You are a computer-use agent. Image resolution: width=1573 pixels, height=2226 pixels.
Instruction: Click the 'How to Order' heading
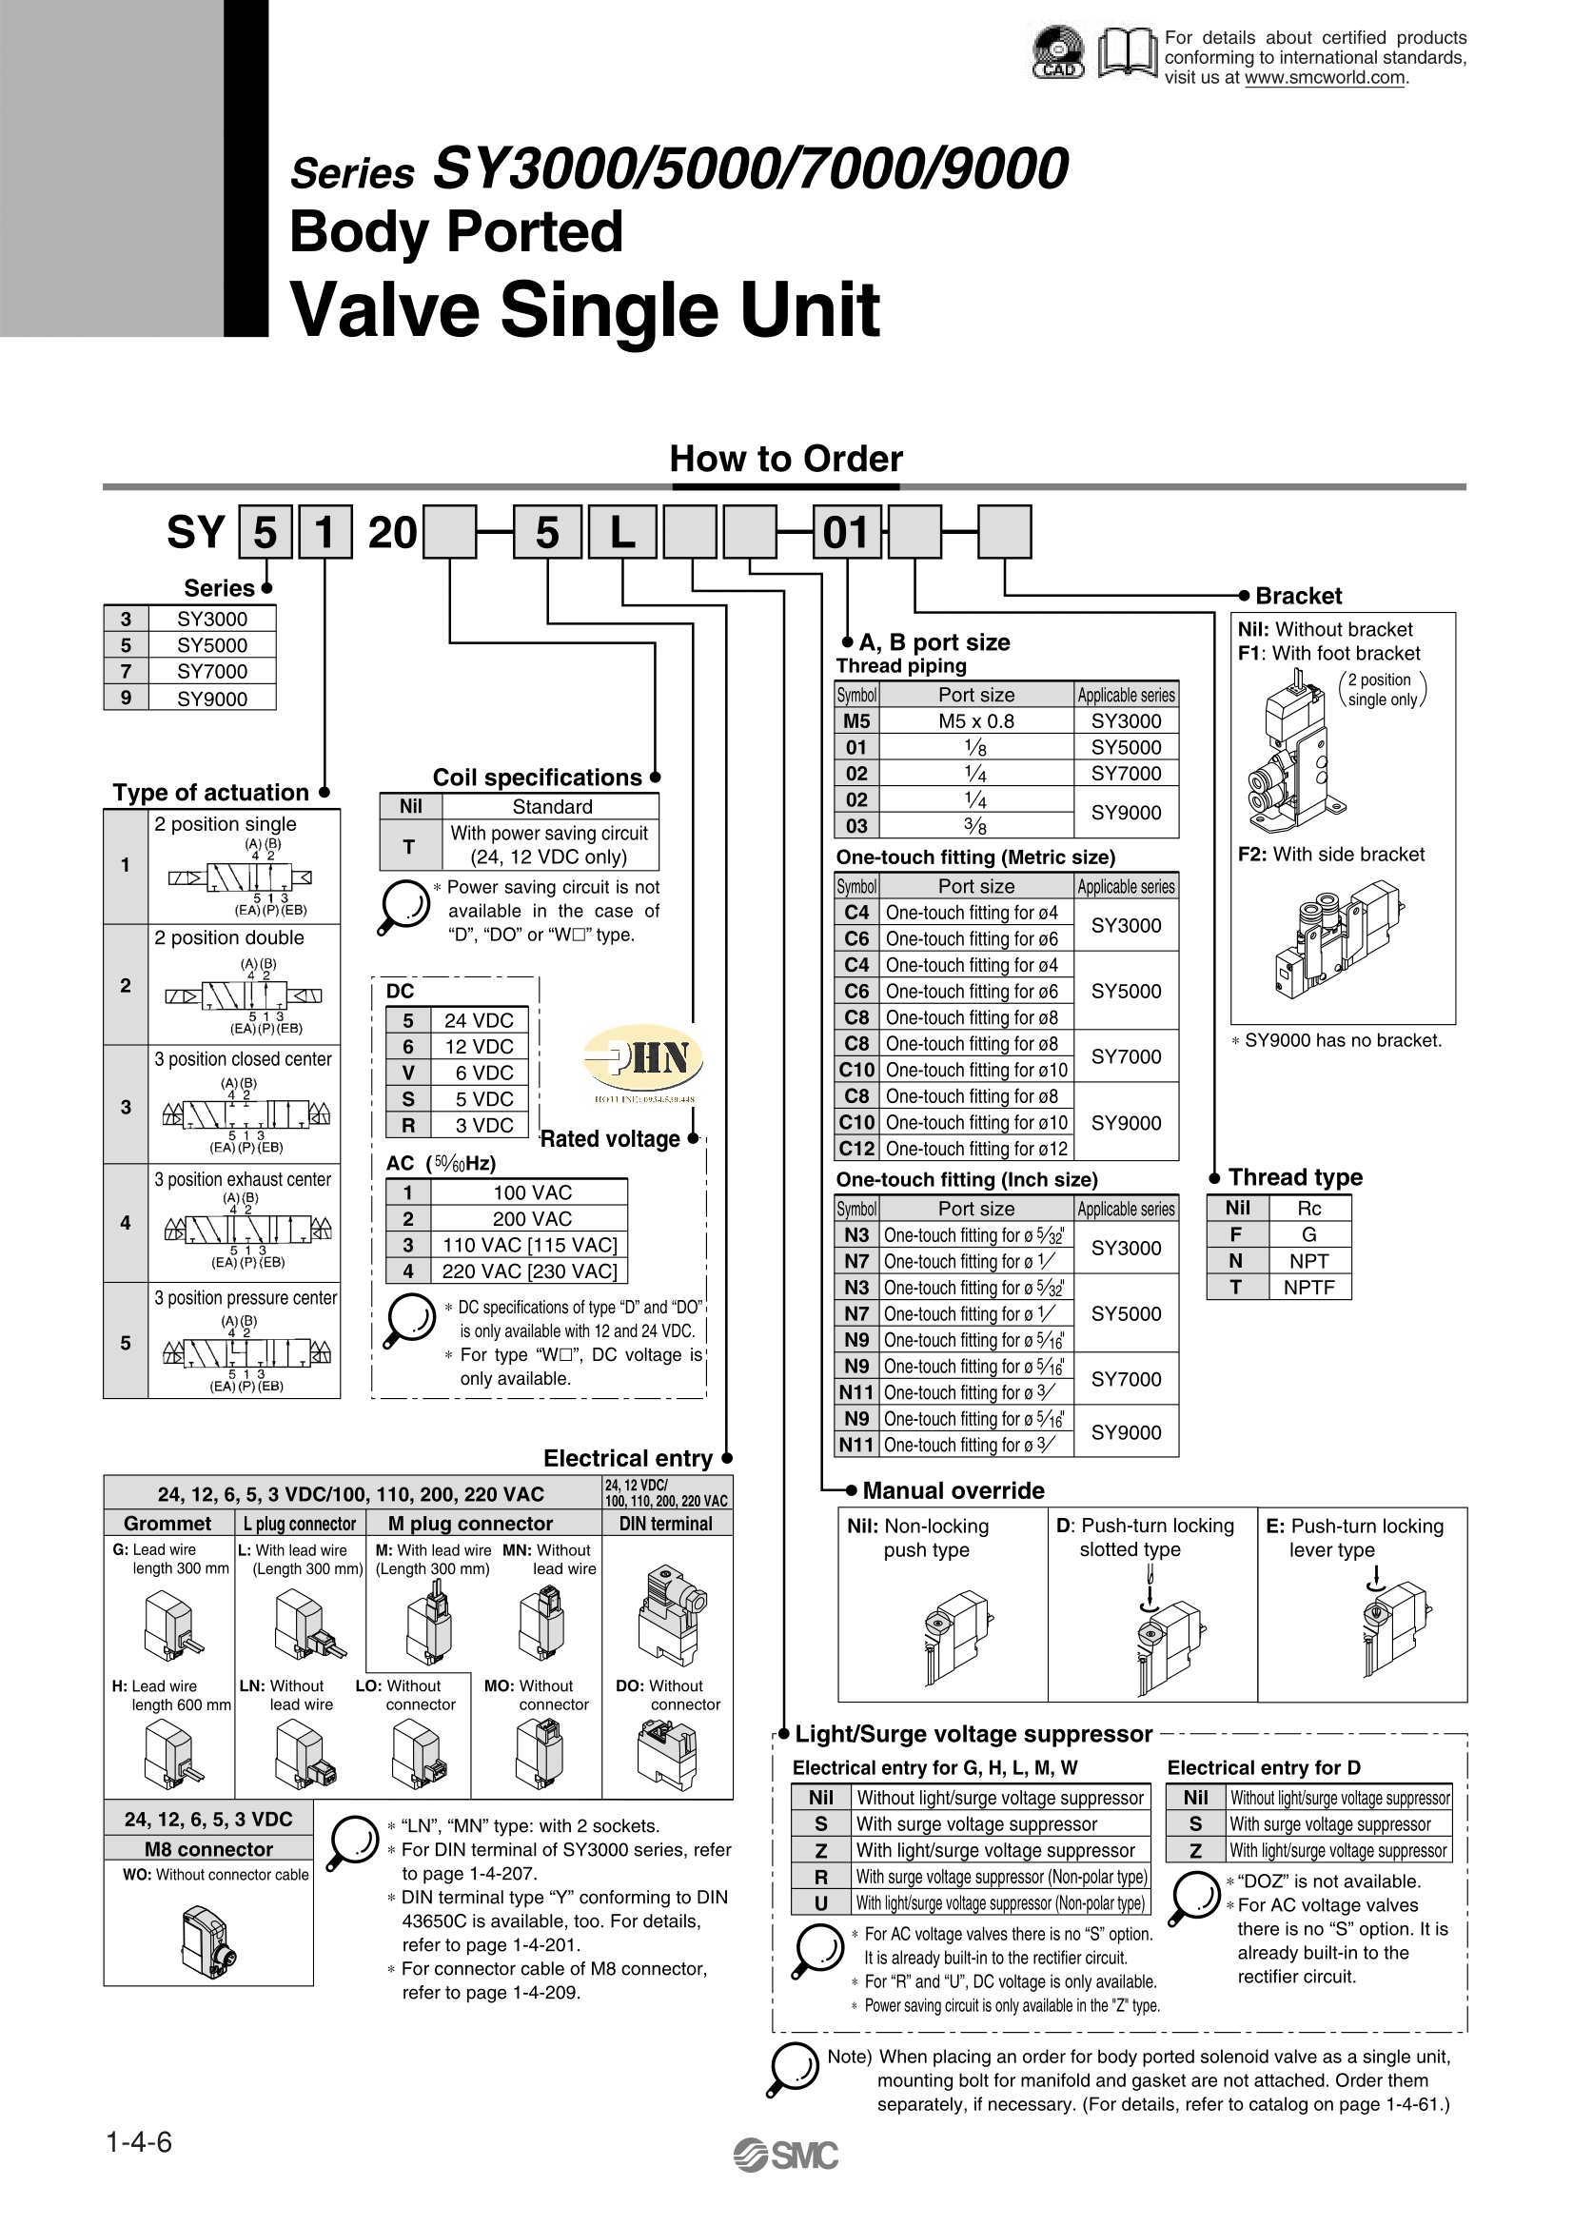coord(786,459)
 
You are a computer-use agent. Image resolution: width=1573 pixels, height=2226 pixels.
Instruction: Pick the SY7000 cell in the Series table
coord(212,671)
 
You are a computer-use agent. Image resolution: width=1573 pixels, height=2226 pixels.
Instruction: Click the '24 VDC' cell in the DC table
coord(479,1020)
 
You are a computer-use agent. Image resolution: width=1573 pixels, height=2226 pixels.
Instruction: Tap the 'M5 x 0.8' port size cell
coord(976,721)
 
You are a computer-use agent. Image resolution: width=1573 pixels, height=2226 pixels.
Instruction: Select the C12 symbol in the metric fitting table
coord(856,1149)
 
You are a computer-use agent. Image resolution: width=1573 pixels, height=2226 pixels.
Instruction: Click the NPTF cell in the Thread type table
coord(1308,1288)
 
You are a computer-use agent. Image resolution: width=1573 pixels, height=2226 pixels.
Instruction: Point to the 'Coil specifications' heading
coord(537,778)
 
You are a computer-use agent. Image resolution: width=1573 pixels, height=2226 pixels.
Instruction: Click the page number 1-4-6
coord(139,2141)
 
